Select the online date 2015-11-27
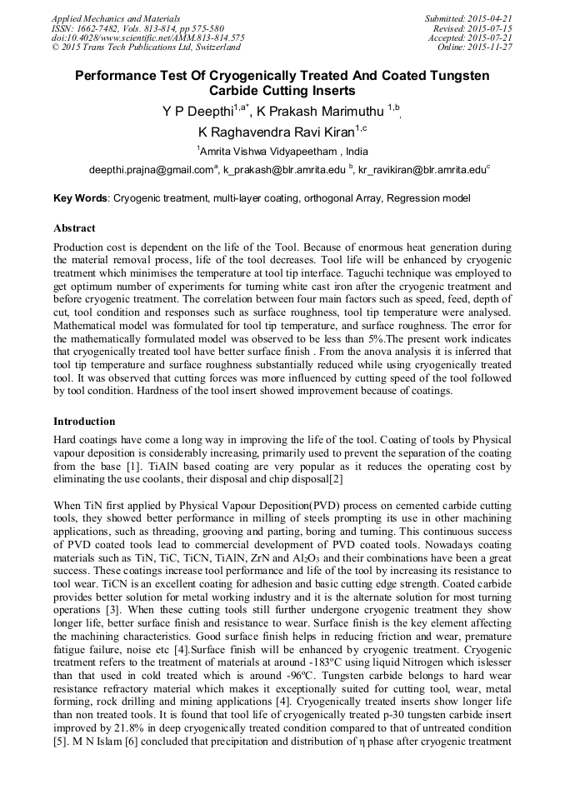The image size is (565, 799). point(492,47)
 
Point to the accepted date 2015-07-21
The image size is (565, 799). point(492,37)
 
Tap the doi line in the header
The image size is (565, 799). point(147,37)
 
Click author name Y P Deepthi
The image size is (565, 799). point(197,110)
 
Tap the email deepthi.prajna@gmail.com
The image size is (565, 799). point(150,170)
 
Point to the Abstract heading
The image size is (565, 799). point(74,227)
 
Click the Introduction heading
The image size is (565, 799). point(84,421)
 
